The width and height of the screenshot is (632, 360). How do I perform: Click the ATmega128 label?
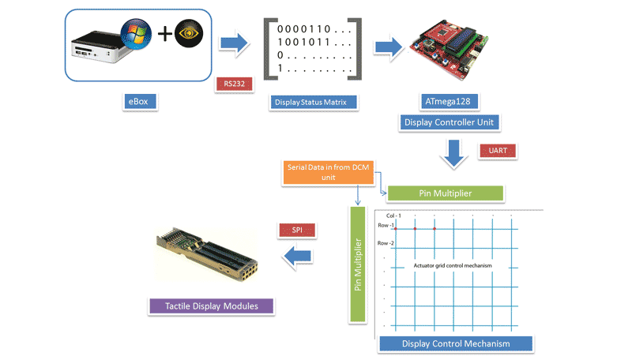(448, 102)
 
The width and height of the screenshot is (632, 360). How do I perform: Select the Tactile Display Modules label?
(212, 305)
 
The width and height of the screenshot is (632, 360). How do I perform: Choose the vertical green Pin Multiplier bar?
(357, 264)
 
